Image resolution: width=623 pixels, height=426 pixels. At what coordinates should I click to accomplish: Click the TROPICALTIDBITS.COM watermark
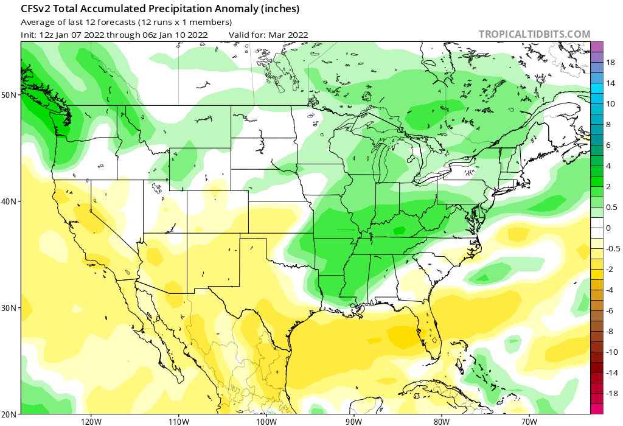(x=534, y=34)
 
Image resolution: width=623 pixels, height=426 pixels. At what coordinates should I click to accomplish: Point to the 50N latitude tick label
(x=9, y=95)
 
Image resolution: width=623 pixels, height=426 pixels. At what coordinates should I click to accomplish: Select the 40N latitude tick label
(x=9, y=201)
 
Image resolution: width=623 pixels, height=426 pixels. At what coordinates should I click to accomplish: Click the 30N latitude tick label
(x=9, y=308)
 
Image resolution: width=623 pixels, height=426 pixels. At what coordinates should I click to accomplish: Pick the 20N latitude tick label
(x=9, y=414)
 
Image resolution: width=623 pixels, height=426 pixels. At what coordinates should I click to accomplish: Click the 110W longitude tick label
(x=178, y=421)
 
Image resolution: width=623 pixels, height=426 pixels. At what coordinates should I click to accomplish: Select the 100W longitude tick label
(x=266, y=421)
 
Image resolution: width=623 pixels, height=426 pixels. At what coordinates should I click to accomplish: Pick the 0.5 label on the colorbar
(x=611, y=207)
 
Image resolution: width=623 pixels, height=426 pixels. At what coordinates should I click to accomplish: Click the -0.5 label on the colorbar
(x=612, y=248)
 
